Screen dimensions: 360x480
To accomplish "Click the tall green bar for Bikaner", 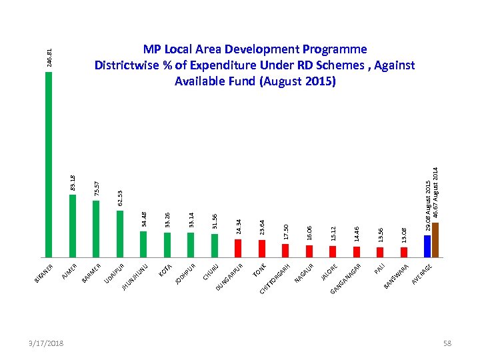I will point(49,163).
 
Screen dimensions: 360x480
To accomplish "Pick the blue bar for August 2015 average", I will point(427,245).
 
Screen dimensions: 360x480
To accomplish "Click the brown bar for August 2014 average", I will point(435,239).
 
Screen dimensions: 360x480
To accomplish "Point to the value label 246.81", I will point(49,56).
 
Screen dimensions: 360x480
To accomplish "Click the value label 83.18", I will point(73,181).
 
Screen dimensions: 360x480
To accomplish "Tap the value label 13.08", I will point(403,235).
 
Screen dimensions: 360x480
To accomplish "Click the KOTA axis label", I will point(165,270).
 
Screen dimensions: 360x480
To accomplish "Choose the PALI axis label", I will point(379,269).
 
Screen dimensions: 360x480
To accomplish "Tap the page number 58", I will point(447,343).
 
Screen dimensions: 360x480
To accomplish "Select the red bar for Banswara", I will point(403,252).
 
